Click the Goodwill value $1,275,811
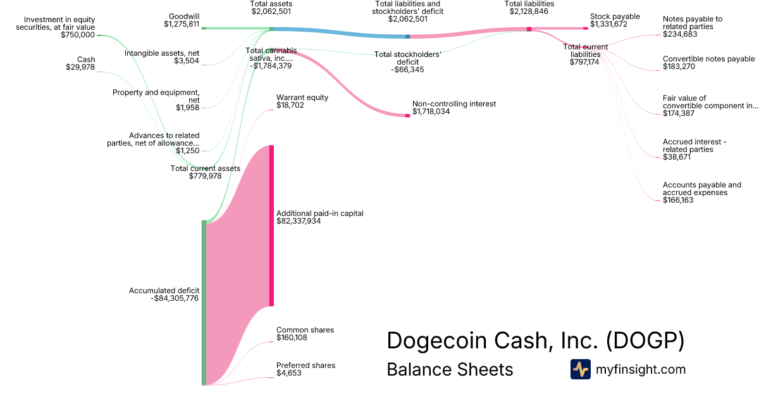click(181, 25)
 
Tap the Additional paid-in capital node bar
click(271, 225)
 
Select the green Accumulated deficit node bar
click(204, 303)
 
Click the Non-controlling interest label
click(454, 103)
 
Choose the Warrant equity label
click(302, 98)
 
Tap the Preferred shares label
click(305, 365)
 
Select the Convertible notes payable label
click(708, 59)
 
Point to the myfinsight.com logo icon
click(580, 369)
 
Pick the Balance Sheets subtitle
click(450, 369)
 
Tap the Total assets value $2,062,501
click(271, 11)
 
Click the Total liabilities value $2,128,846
click(529, 11)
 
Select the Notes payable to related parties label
click(692, 23)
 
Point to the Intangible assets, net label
click(162, 53)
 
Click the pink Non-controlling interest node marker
click(407, 115)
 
